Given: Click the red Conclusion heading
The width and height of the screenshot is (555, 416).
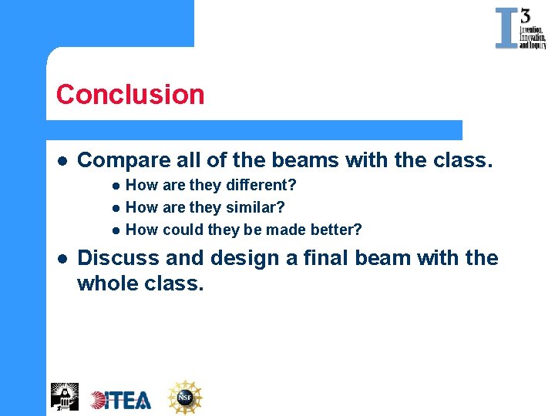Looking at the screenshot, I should (x=130, y=95).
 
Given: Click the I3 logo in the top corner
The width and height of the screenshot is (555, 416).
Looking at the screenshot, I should (x=520, y=29).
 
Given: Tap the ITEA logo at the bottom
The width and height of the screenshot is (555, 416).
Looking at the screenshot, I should (x=121, y=399).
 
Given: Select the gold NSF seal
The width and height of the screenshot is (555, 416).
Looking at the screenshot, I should (x=185, y=398).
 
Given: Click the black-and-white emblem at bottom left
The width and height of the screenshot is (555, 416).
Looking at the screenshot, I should (x=65, y=396).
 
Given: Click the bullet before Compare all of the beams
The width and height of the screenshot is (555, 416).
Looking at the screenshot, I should (x=61, y=161).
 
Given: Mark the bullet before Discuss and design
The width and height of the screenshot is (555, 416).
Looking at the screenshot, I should (x=61, y=259).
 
